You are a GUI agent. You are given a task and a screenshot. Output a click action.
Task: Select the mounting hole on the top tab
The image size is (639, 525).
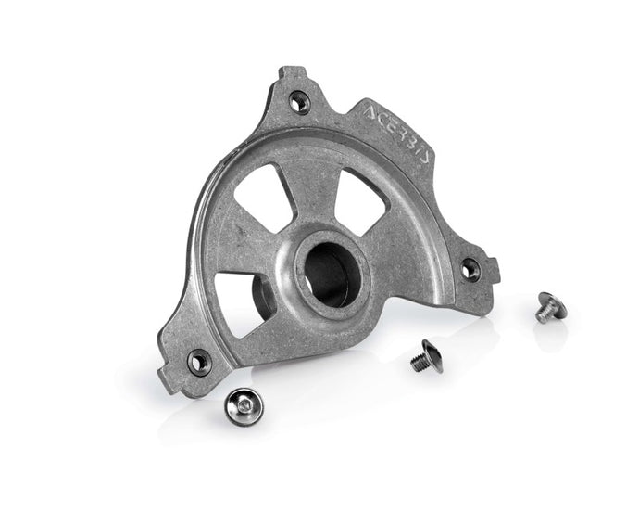[297, 103]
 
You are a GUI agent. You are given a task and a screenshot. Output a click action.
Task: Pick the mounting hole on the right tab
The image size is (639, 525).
[470, 270]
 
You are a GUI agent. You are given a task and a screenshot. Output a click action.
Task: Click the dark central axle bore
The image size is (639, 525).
[329, 268]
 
